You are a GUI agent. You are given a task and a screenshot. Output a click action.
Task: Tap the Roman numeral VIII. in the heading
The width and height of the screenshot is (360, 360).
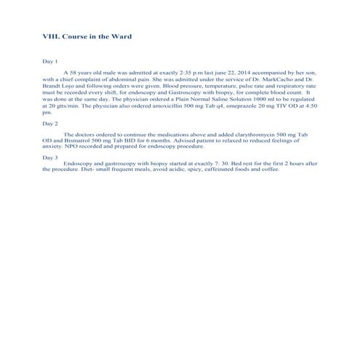click(53, 36)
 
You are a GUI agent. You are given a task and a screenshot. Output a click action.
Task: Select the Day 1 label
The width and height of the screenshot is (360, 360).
click(50, 62)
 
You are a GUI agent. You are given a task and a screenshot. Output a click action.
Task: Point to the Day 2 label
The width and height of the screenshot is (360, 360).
click(50, 124)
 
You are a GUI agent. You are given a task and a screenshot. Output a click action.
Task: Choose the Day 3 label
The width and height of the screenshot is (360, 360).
click(50, 157)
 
